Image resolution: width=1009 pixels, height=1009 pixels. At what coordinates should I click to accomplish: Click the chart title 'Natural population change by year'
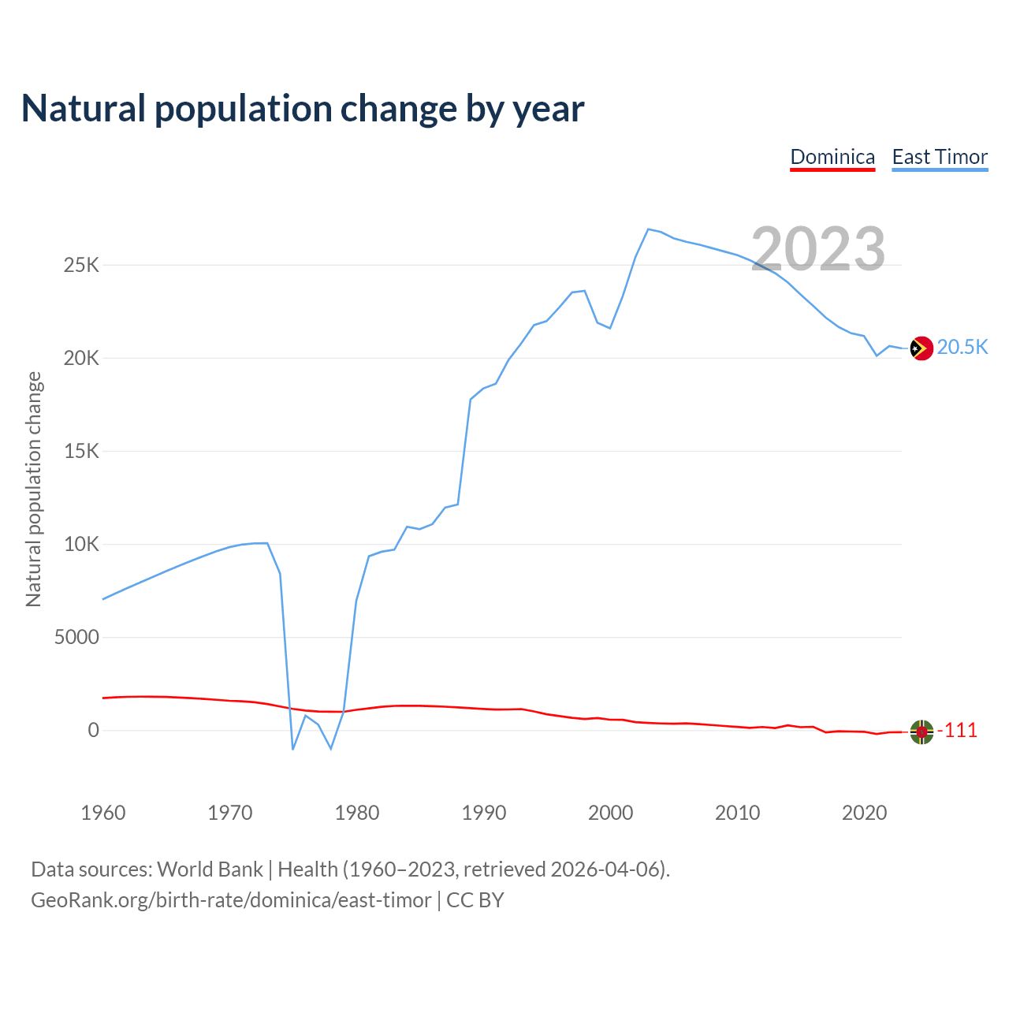pos(303,109)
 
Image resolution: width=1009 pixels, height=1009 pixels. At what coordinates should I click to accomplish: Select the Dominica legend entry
pos(832,157)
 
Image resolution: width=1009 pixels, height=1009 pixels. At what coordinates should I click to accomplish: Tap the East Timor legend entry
pos(940,157)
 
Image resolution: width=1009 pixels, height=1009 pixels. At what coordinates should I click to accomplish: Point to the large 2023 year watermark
pos(818,249)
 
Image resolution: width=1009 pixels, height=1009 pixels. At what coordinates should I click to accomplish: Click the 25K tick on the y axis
pos(81,265)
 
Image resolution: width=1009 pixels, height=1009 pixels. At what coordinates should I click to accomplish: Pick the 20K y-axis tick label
pos(81,358)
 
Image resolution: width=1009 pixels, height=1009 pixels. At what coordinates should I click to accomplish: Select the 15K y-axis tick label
pos(81,451)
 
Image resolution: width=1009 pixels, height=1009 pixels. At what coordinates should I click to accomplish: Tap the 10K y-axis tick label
pos(81,544)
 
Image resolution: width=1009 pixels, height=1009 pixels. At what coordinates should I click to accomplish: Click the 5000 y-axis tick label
pos(76,637)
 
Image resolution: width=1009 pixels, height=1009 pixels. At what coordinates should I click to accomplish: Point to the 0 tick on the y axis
pos(94,730)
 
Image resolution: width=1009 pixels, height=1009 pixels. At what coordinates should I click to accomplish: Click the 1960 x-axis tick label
pos(103,813)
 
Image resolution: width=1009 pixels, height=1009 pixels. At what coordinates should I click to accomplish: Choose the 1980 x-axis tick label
pos(357,813)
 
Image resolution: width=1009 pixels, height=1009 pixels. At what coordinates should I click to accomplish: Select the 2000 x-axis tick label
pos(611,813)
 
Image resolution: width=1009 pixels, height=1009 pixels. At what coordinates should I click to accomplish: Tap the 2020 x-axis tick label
pos(865,813)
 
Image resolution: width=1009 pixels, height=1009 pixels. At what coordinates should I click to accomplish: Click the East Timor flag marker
pos(922,348)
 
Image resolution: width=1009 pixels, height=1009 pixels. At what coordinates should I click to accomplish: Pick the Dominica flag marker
pos(922,732)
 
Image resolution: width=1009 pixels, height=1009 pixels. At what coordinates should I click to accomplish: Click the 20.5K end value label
pos(962,348)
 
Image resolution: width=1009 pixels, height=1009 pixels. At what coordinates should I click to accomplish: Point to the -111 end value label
pos(957,731)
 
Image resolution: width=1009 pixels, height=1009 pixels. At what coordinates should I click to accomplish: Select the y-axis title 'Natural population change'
pos(34,490)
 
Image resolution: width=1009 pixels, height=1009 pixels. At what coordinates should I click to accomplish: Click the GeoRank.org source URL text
pos(231,900)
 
